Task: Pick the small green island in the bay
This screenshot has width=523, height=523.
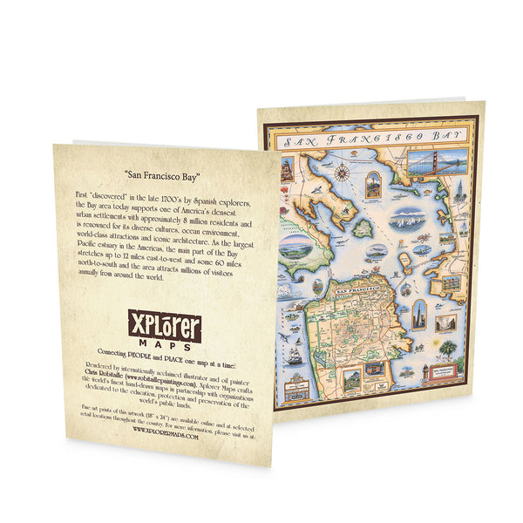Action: [x=361, y=228]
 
